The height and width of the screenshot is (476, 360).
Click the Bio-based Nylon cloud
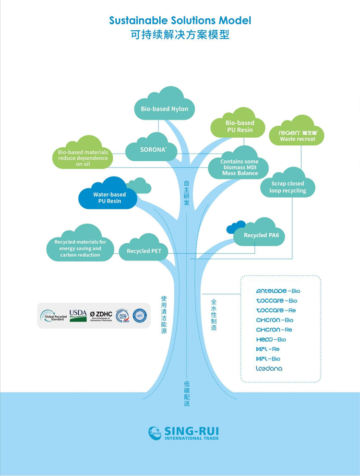click(x=164, y=108)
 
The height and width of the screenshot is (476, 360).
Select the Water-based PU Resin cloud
click(x=109, y=198)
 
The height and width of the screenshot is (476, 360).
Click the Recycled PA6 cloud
click(x=261, y=235)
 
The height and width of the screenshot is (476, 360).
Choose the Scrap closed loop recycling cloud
click(x=288, y=187)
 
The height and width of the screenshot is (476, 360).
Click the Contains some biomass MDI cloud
click(x=240, y=167)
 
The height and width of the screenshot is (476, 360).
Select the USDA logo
click(x=78, y=315)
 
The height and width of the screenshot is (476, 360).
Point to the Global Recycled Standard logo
click(x=54, y=316)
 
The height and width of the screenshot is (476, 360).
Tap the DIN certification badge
click(x=122, y=315)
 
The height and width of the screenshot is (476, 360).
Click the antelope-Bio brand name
click(x=278, y=291)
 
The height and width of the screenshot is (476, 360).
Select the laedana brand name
click(x=269, y=369)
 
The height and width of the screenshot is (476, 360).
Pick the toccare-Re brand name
click(x=276, y=310)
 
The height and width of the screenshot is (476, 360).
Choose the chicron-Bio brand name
click(x=275, y=320)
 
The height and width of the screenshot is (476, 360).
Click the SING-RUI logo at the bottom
click(x=183, y=432)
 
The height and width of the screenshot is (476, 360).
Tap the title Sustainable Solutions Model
click(x=180, y=21)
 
